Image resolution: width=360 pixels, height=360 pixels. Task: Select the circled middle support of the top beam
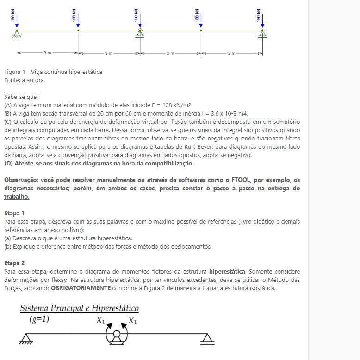click(x=139, y=31)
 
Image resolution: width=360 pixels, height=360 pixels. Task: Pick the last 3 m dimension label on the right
click(x=231, y=54)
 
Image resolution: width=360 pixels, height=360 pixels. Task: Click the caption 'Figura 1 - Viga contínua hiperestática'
click(x=53, y=72)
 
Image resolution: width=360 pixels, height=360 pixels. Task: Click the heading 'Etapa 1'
click(x=14, y=213)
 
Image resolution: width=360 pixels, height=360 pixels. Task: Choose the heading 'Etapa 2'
click(x=14, y=263)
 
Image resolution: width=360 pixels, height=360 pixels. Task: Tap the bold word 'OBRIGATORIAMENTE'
click(x=81, y=288)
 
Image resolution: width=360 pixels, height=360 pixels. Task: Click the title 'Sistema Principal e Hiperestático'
click(x=79, y=308)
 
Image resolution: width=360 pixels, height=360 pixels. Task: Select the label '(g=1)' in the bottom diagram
click(x=39, y=319)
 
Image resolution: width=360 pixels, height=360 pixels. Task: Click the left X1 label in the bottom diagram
click(x=100, y=320)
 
